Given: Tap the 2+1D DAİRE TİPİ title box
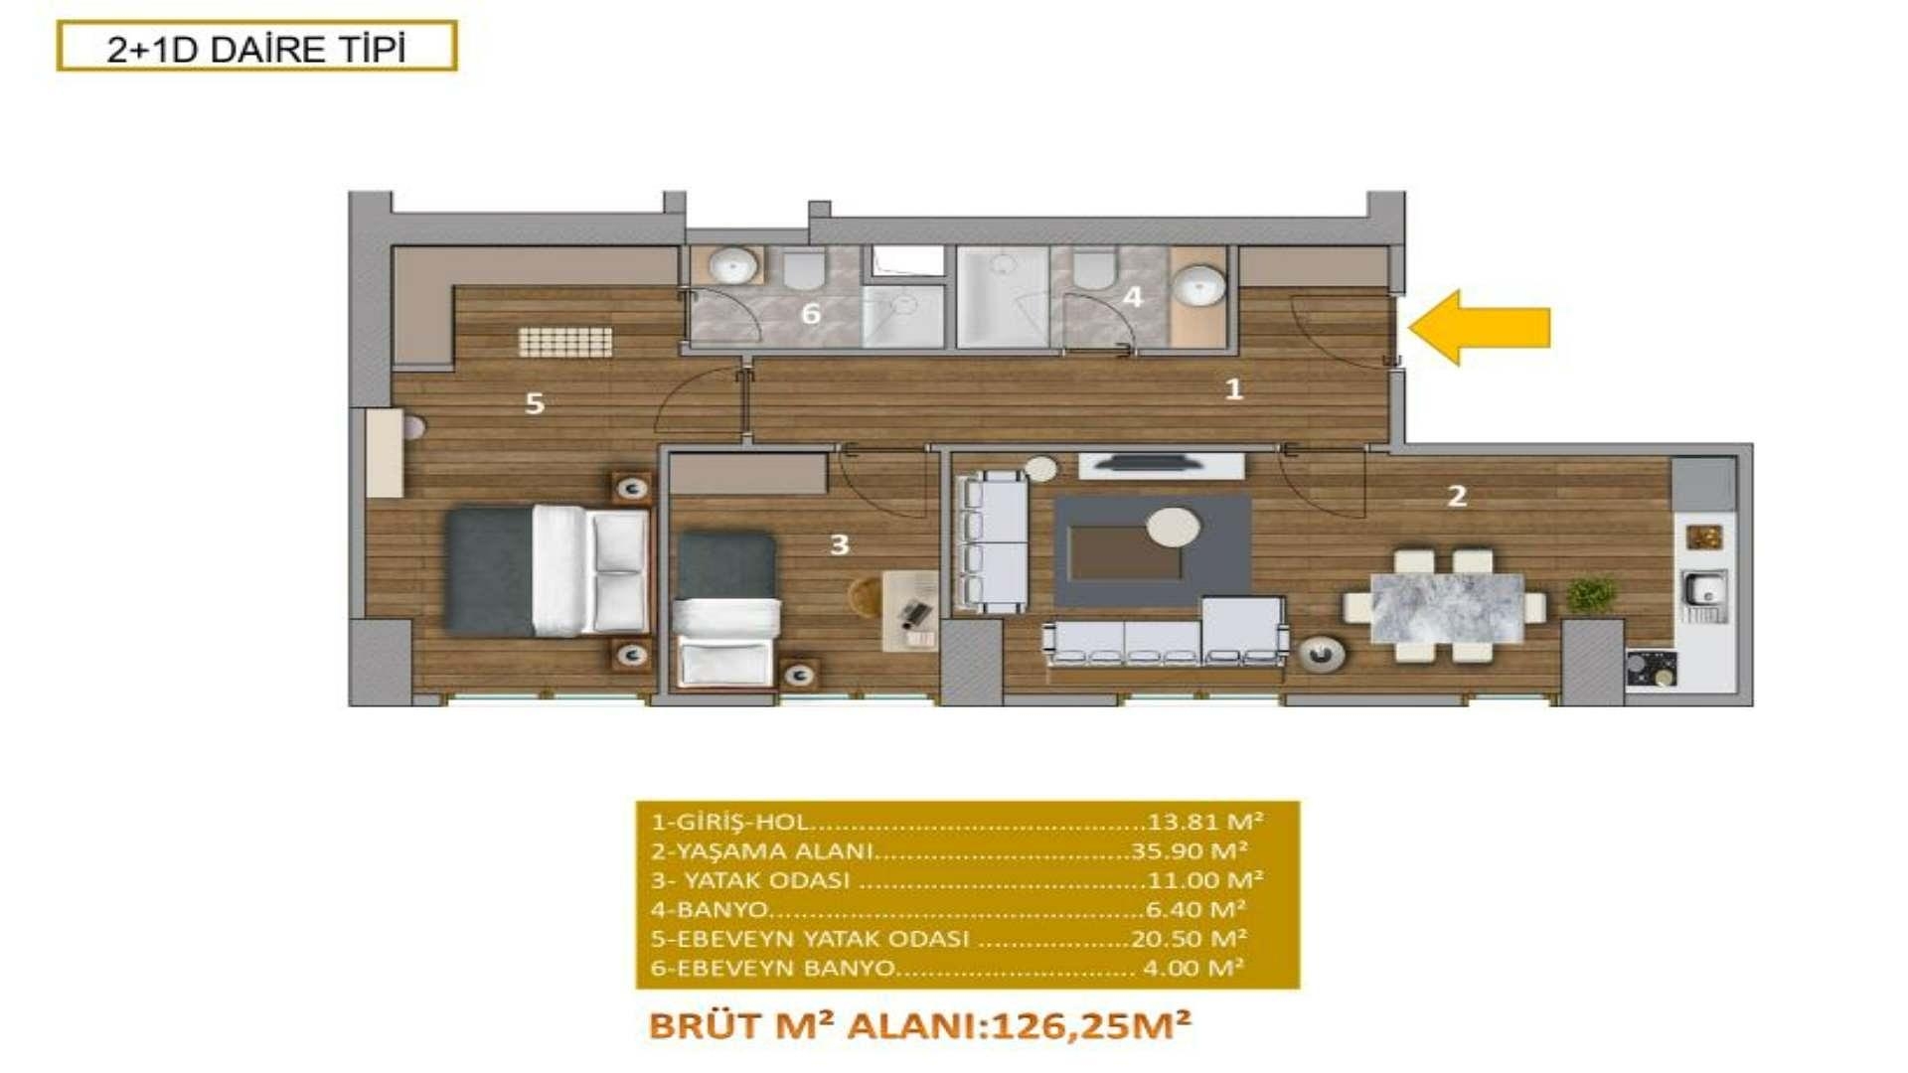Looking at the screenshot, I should pyautogui.click(x=256, y=47).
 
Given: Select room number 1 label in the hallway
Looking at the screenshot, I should pyautogui.click(x=1233, y=388).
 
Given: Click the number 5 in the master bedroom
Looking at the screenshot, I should pyautogui.click(x=535, y=403).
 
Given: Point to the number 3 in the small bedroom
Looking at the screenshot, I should pyautogui.click(x=839, y=544).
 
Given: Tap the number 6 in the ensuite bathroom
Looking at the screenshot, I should pyautogui.click(x=811, y=314).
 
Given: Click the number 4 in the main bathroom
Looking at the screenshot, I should pyautogui.click(x=1133, y=296).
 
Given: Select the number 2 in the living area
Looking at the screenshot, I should pyautogui.click(x=1457, y=496).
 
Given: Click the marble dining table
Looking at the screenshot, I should pyautogui.click(x=1447, y=607).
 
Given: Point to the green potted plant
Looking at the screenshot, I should pyautogui.click(x=1591, y=594).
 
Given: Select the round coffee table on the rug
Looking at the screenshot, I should pyautogui.click(x=1174, y=527).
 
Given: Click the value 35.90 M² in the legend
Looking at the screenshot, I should pyautogui.click(x=1189, y=851).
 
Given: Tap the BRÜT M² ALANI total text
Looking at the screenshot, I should pyautogui.click(x=919, y=1025).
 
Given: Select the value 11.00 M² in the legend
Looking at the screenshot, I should pyautogui.click(x=1204, y=880).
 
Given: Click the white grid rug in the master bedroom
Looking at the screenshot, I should pyautogui.click(x=564, y=342).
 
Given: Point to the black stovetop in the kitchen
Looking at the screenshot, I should pyautogui.click(x=1651, y=668).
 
